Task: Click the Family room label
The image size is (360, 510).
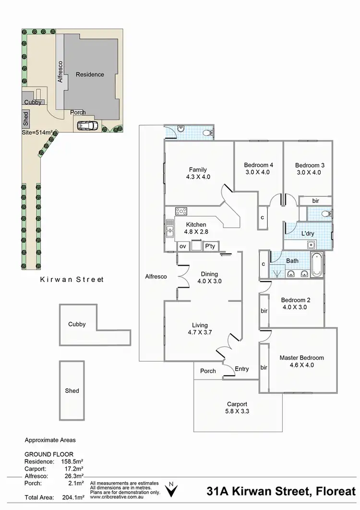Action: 198,170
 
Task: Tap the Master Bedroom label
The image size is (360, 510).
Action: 301,358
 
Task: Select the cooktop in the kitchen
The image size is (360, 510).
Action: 181,211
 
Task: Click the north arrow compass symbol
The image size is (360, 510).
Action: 170,490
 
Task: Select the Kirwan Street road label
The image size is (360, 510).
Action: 72,279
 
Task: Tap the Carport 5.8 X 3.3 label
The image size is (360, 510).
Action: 237,404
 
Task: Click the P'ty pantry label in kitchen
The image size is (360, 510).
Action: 210,246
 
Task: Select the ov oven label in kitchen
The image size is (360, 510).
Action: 182,246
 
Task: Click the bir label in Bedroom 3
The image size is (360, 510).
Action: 315,201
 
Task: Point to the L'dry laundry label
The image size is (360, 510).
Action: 307,233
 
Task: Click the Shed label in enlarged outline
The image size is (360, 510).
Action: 72,391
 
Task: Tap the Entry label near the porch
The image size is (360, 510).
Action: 242,369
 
